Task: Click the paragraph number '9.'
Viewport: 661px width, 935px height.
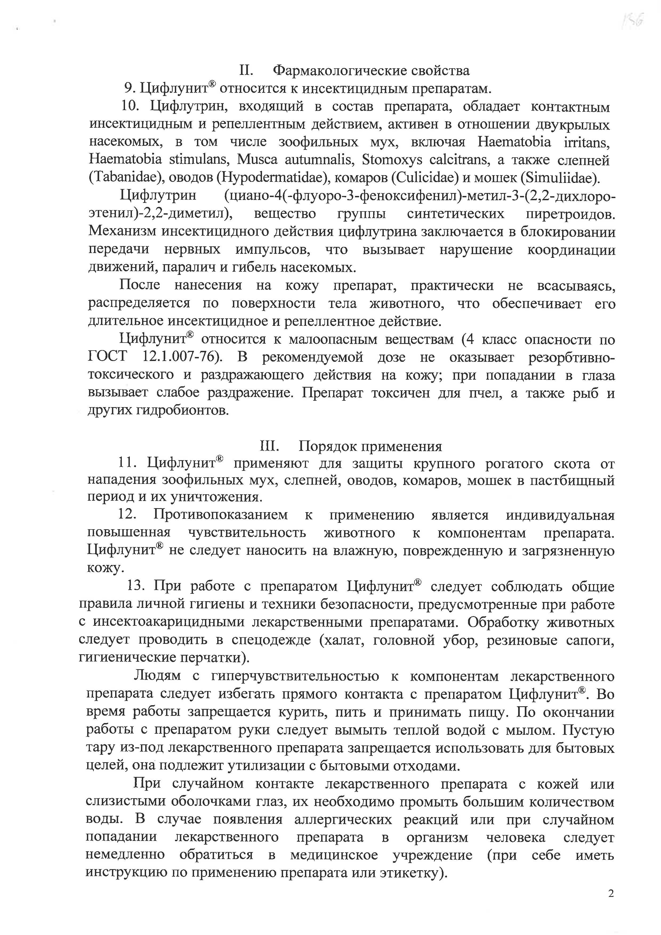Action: [x=130, y=88]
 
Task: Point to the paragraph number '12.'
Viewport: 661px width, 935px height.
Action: [x=127, y=515]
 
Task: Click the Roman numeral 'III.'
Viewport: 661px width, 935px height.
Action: [x=269, y=446]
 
